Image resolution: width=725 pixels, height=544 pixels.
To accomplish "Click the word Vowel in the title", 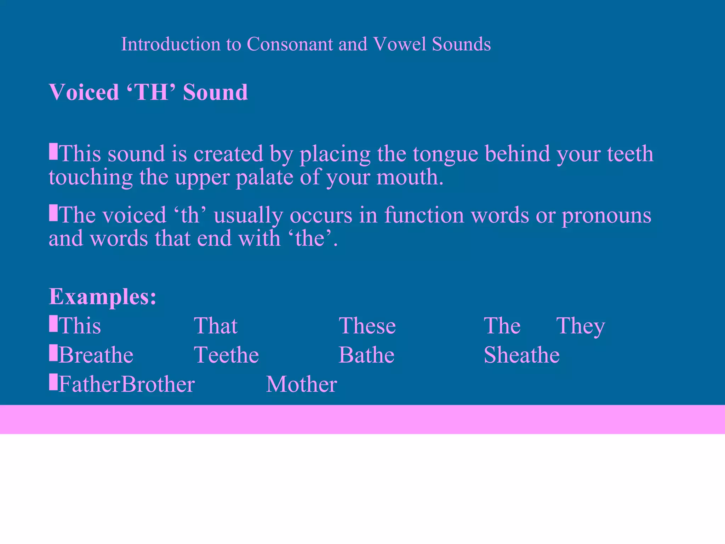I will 399,44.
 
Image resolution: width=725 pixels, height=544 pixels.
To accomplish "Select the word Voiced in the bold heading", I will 84,92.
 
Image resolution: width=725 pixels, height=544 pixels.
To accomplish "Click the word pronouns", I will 606,215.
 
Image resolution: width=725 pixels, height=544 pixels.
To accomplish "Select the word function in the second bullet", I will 424,215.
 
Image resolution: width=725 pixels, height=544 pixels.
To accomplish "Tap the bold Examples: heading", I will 102,296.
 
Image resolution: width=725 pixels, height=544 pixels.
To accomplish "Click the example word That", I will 216,326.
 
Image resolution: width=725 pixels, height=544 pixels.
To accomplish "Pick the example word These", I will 367,326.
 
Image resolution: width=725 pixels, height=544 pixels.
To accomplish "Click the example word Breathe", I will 96,355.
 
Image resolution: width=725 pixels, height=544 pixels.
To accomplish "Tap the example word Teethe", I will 227,355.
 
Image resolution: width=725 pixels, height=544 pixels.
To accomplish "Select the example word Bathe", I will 366,355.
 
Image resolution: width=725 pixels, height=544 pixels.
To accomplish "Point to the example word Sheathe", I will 521,355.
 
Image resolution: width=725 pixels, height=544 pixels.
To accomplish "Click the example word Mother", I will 301,385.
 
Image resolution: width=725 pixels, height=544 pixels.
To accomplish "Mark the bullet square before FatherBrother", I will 53,382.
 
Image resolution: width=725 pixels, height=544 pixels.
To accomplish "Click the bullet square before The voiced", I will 53,213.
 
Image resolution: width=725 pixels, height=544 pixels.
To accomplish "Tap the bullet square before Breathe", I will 53,353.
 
